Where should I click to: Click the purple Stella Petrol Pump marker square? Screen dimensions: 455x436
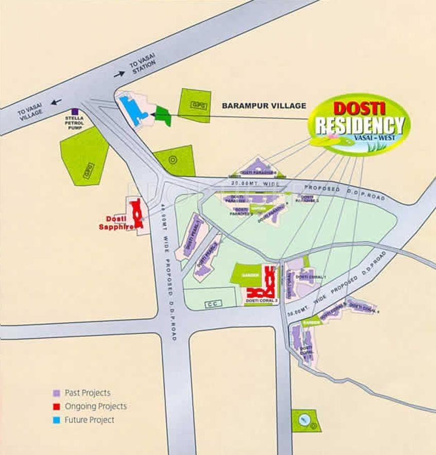76,111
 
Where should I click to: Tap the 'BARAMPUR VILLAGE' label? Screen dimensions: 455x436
264,106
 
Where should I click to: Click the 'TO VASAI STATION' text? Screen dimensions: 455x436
142,66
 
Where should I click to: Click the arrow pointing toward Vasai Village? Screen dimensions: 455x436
56,102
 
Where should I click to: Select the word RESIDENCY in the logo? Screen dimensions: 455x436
359,126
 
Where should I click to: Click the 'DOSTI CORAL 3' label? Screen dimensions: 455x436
261,300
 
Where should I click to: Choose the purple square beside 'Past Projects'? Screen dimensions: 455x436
57,393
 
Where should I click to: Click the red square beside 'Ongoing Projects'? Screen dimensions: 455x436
57,407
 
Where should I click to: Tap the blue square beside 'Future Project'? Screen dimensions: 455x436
57,420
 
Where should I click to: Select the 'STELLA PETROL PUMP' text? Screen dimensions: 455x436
76,122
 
